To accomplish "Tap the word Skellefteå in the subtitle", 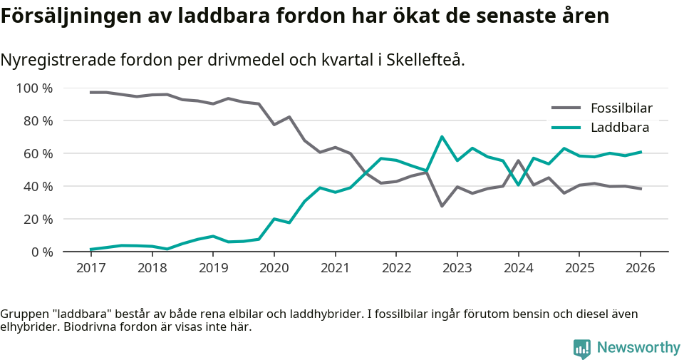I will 426,60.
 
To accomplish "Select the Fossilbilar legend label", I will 621,108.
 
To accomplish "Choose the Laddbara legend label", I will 620,128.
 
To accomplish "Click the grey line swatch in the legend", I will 566,108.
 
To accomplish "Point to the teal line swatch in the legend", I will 566,128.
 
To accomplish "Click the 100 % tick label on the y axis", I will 34,88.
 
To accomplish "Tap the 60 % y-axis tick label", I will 38,154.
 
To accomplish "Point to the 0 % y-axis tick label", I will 41,252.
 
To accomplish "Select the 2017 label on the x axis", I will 91,268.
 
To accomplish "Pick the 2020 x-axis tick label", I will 274,268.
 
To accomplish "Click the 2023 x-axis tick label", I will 457,268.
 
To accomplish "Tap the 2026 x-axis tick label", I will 640,268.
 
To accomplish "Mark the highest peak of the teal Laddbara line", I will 442,137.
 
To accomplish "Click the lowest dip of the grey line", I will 442,206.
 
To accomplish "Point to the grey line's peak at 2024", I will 518,160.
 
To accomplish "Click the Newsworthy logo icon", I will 582,349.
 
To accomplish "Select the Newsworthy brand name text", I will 638,348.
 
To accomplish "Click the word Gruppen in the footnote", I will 24,314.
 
